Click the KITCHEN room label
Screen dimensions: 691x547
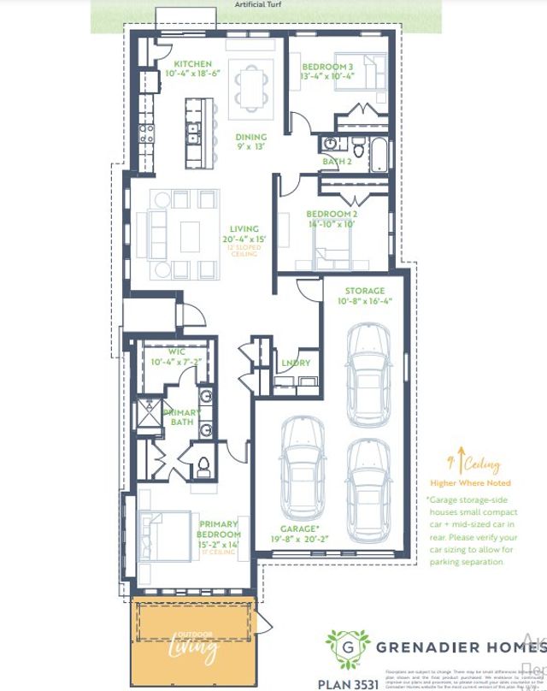192,65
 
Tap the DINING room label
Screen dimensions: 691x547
250,137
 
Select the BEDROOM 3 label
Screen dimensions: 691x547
327,67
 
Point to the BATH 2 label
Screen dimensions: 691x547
336,161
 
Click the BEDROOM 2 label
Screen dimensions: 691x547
331,214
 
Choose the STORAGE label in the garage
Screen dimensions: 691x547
364,292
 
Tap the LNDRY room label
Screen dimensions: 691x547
295,363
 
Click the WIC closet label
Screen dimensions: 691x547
177,351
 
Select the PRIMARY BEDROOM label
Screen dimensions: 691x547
218,529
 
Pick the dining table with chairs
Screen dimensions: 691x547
251,89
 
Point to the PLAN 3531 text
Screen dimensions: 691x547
348,682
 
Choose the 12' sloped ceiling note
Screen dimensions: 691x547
248,249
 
